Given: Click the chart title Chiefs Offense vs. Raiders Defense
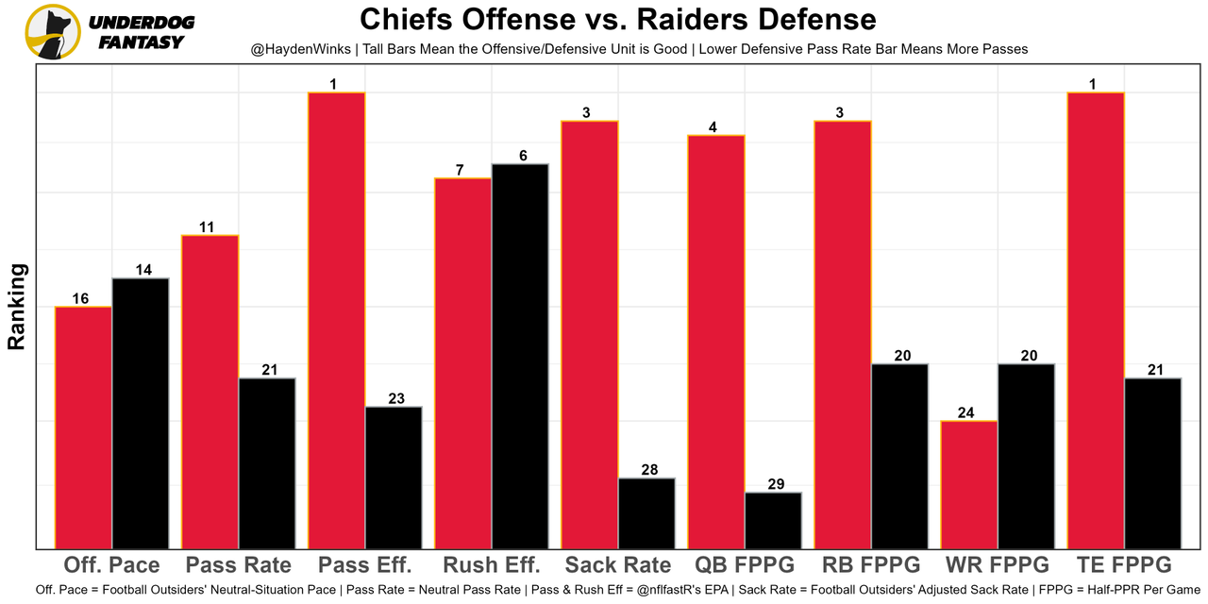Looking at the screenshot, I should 618,19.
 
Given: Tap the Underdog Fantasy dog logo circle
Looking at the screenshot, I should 53,31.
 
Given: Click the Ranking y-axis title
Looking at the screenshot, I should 17,307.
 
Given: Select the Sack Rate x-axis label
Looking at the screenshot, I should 618,565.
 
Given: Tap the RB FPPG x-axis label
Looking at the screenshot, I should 871,565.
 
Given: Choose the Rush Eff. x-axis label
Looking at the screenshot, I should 492,565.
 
